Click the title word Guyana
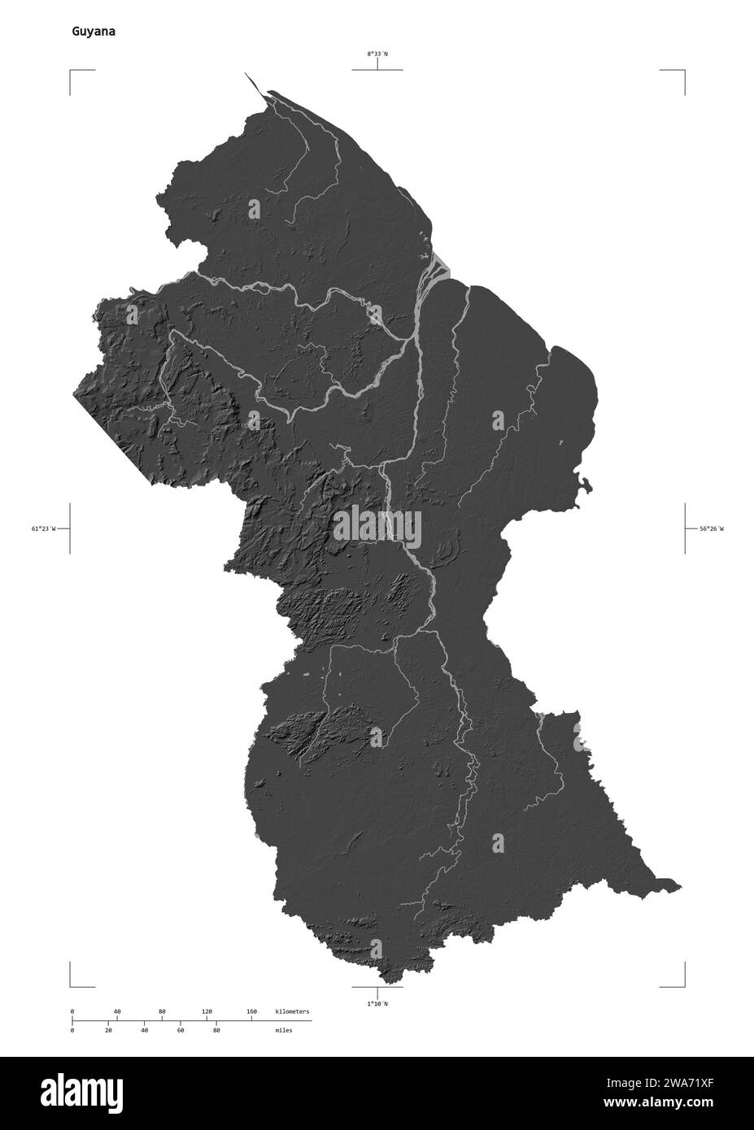92,32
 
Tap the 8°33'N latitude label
377,54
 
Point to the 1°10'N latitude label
377,1003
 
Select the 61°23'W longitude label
43,528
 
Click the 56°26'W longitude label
711,528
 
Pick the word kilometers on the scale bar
292,1011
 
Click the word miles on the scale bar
283,1030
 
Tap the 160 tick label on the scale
251,1011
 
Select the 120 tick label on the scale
207,1011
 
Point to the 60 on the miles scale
180,1030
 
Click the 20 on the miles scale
108,1030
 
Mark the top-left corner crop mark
71,72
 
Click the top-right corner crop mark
683,72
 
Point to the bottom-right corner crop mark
683,985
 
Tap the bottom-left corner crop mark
71,985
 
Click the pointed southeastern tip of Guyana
680,887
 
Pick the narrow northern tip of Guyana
246,73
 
